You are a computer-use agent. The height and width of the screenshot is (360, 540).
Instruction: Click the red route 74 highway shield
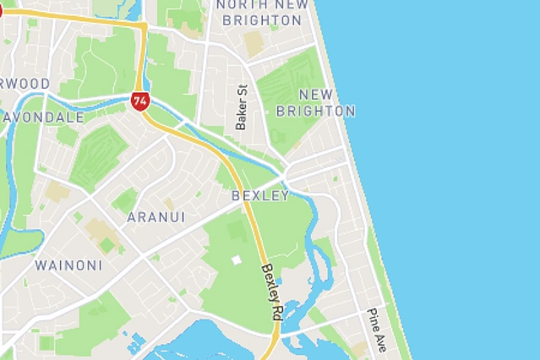click(x=140, y=101)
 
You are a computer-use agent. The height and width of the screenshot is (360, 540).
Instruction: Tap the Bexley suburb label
click(x=260, y=196)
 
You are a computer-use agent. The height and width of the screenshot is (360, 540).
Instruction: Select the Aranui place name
click(x=155, y=217)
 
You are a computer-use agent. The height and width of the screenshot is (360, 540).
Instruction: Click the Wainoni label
click(x=68, y=265)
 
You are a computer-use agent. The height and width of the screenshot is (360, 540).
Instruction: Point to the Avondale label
click(x=42, y=117)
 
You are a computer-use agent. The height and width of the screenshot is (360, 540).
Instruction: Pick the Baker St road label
click(x=242, y=106)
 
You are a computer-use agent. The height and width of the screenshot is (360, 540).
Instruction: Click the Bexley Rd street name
click(x=271, y=292)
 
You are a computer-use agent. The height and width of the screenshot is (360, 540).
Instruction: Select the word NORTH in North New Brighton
click(x=243, y=4)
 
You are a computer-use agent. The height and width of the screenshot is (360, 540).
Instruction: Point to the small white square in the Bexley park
click(x=236, y=260)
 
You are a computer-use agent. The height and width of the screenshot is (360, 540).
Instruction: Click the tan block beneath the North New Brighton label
click(x=254, y=43)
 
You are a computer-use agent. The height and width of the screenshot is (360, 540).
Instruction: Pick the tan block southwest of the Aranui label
click(x=99, y=231)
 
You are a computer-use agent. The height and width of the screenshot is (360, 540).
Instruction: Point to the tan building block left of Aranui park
click(x=57, y=191)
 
